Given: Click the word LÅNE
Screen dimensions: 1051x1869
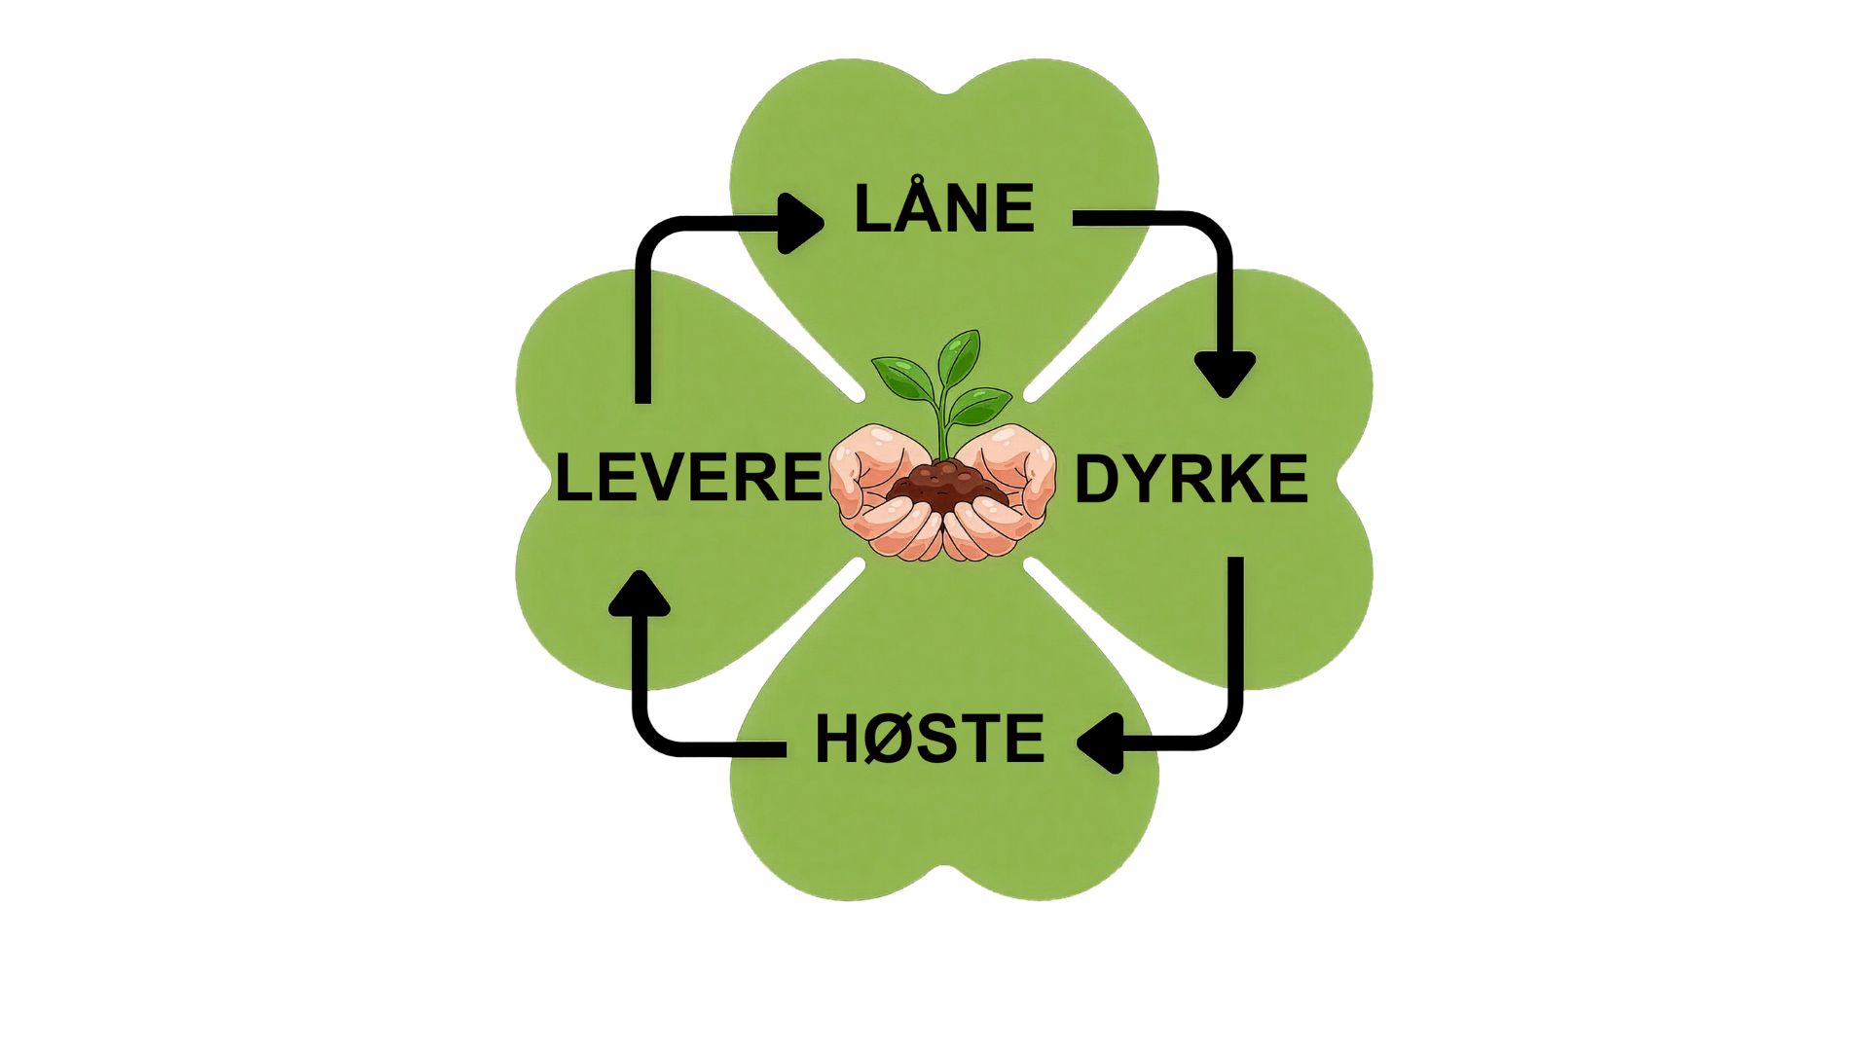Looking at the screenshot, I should point(943,208).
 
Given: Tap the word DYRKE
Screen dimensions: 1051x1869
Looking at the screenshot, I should point(1191,478).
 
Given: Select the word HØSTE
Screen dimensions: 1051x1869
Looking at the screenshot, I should point(930,739).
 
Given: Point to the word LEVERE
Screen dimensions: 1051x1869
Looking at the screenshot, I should point(689,478).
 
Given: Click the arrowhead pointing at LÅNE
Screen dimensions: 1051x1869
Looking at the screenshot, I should point(800,224).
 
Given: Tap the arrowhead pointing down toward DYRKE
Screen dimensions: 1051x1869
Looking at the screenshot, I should point(1225,375).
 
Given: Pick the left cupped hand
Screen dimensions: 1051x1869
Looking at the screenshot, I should point(881,496).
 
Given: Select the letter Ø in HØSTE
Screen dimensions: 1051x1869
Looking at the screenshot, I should point(883,739).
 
